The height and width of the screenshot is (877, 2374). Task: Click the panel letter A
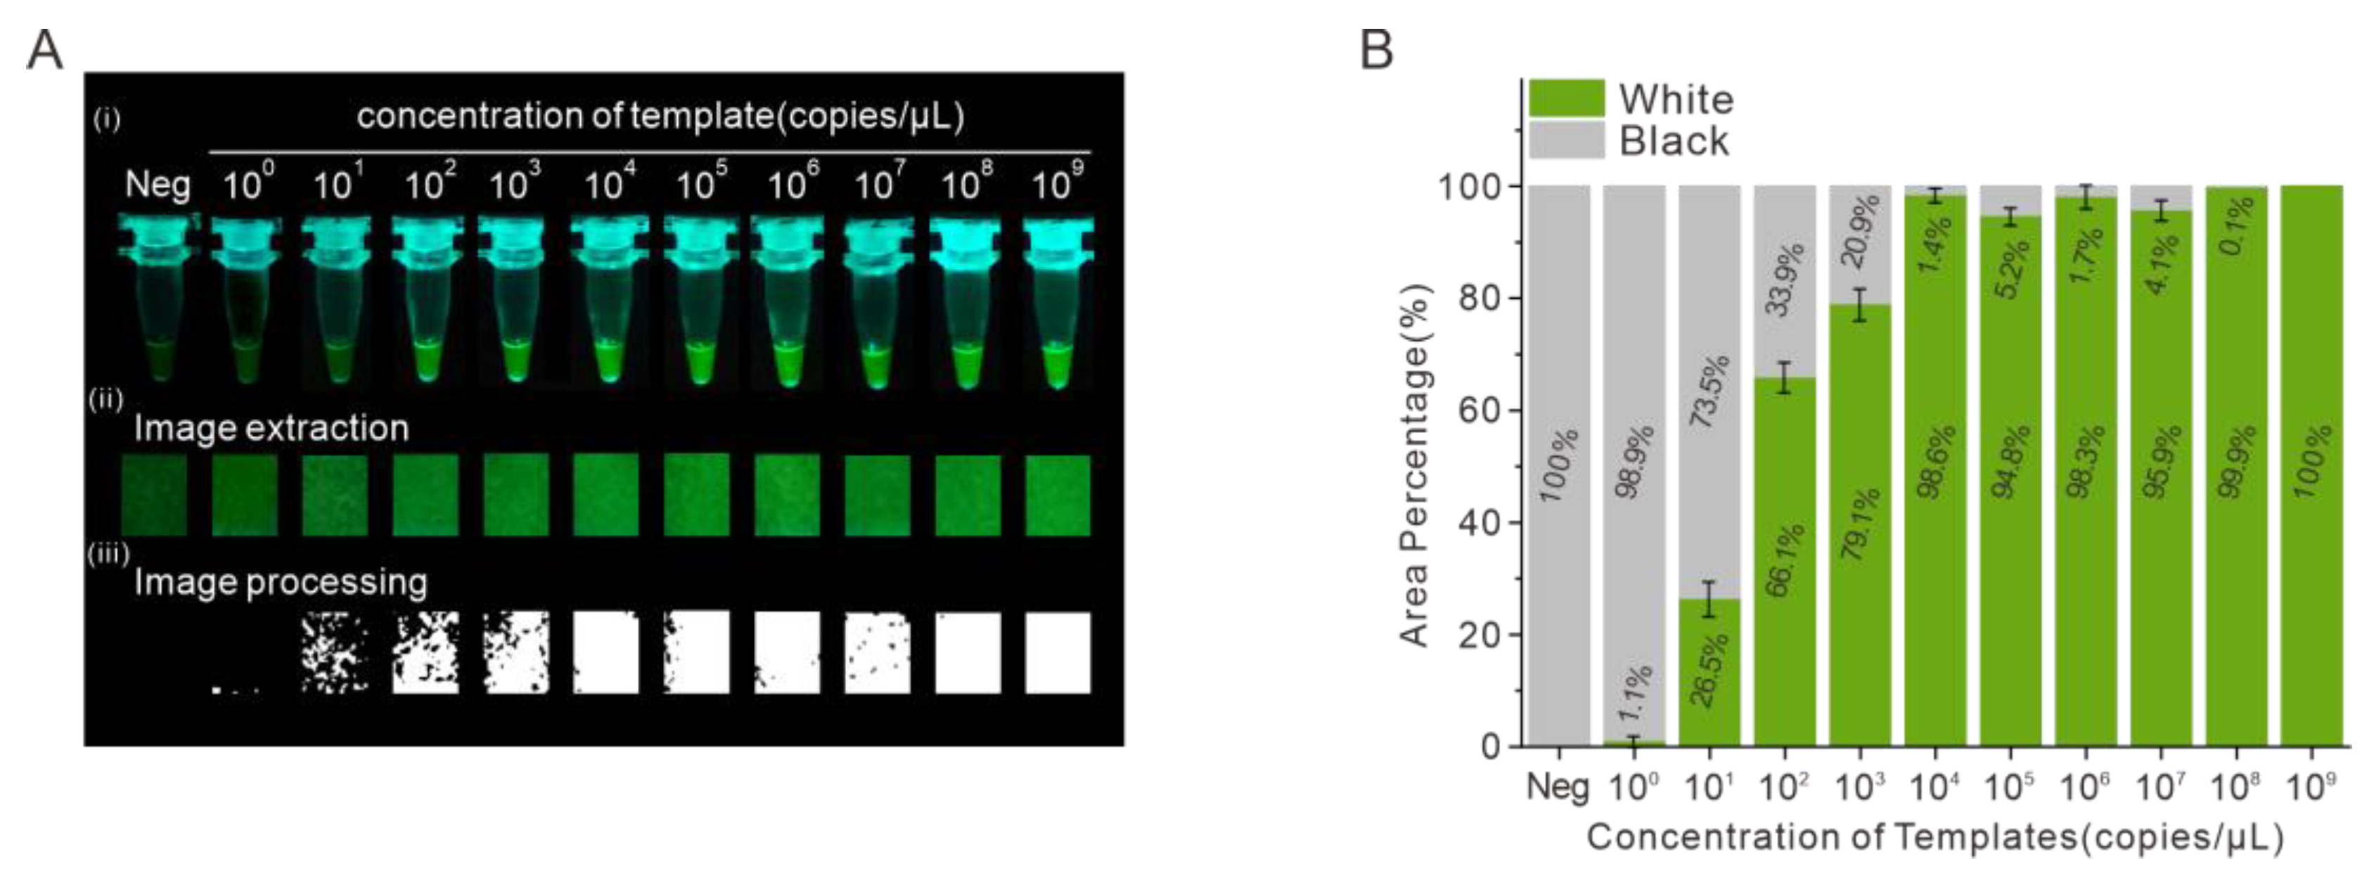coord(44,50)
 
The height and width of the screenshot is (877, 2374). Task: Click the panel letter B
coord(1377,50)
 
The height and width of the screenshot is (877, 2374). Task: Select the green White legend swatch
coord(1566,98)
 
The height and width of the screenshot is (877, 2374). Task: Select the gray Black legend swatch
coord(1566,140)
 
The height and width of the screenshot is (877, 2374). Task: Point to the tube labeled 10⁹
coord(1058,294)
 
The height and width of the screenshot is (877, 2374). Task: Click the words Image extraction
coord(271,429)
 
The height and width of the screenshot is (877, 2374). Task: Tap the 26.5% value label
coord(1710,669)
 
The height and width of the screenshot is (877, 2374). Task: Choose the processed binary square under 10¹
coord(335,652)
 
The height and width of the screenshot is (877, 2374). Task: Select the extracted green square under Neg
coord(155,495)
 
